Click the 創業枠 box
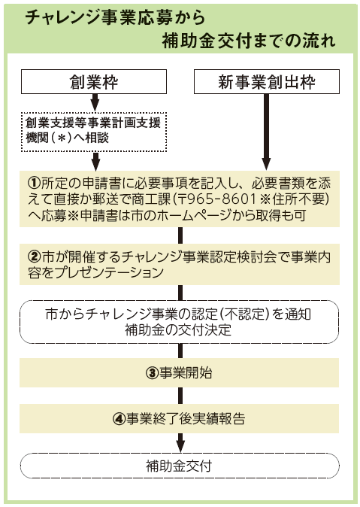(x=94, y=81)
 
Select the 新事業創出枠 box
(x=267, y=81)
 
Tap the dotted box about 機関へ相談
(x=94, y=132)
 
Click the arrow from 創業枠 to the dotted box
(x=95, y=103)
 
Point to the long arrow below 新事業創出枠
(x=266, y=132)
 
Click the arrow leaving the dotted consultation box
(x=95, y=161)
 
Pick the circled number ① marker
(x=34, y=184)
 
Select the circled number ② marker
(x=35, y=257)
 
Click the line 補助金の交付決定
(x=178, y=329)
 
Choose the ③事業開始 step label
(x=179, y=373)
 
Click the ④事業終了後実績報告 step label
(x=179, y=419)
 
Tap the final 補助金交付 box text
(x=179, y=466)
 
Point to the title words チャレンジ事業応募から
(x=115, y=17)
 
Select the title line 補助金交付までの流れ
(x=249, y=41)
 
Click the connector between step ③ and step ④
(x=180, y=395)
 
